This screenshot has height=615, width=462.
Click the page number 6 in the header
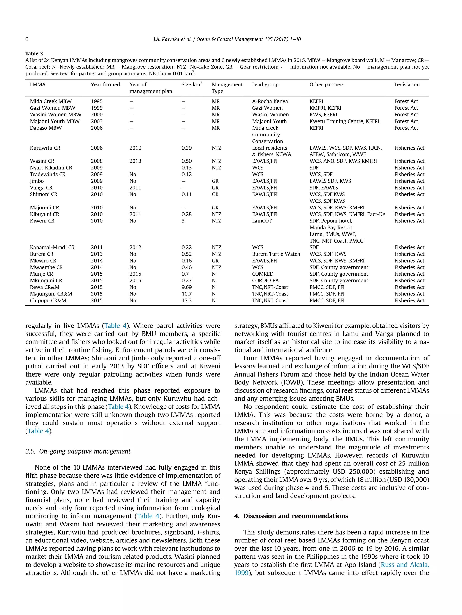tap(27, 39)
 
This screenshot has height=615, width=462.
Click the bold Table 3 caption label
tap(34, 54)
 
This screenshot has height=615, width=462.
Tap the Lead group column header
tap(265, 84)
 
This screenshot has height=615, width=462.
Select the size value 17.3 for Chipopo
tap(186, 301)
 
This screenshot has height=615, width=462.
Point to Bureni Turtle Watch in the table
tap(276, 254)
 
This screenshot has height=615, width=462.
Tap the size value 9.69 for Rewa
tap(186, 287)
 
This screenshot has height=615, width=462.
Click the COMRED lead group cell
tap(263, 274)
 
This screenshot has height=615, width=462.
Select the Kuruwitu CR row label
tap(45, 148)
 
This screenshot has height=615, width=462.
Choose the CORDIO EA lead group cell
tap(265, 281)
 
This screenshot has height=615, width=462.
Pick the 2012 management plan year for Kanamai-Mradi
tap(135, 247)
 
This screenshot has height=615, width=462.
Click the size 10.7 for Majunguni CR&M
tap(186, 294)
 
